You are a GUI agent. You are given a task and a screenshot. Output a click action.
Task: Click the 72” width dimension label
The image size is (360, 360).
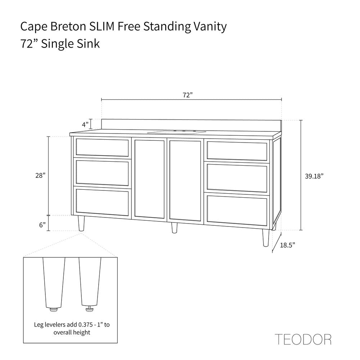tap(188, 95)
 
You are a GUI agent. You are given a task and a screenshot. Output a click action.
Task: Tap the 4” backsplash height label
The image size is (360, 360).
tap(85, 125)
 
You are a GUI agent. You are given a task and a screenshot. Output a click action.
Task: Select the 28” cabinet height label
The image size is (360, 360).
tap(40, 175)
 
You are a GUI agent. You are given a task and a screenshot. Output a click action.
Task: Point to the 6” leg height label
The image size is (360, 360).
tap(42, 225)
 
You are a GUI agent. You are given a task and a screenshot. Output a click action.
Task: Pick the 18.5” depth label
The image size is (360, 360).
tap(287, 245)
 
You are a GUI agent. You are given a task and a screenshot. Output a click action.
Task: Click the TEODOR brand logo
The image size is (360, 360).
tap(303, 339)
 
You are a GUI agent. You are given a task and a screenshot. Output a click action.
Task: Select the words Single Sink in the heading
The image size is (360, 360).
tap(70, 44)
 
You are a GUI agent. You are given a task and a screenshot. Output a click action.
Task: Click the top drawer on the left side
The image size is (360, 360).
tap(102, 147)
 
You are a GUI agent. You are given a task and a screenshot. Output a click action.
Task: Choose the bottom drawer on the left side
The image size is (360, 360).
tap(102, 202)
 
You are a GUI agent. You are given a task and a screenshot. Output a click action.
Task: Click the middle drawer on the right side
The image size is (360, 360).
tap(238, 177)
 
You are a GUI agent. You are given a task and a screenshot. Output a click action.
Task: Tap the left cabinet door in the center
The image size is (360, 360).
tap(149, 179)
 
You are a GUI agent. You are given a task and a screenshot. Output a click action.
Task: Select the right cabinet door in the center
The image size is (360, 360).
tap(185, 180)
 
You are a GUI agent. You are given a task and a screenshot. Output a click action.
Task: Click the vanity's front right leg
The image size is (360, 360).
tap(266, 238)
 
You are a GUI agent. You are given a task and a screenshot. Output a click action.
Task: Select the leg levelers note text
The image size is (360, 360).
tap(72, 328)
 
